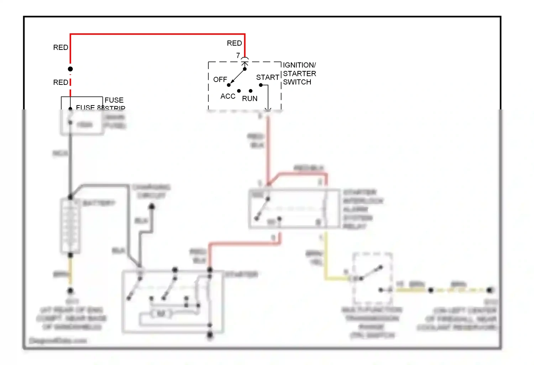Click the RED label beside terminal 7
point(234,43)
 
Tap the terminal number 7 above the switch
point(238,55)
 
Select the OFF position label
point(220,79)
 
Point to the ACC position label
point(228,96)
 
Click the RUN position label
point(250,98)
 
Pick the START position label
point(268,77)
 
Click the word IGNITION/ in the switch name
point(299,65)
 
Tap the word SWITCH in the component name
point(297,82)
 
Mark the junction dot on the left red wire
point(70,69)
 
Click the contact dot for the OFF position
point(229,85)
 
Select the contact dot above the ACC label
point(239,91)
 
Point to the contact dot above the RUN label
point(251,91)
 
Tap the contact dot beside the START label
point(261,85)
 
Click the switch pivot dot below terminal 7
point(245,69)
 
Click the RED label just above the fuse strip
point(61,82)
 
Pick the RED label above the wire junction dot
point(61,47)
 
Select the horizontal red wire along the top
point(157,34)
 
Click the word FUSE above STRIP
point(114,100)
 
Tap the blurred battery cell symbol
point(70,226)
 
